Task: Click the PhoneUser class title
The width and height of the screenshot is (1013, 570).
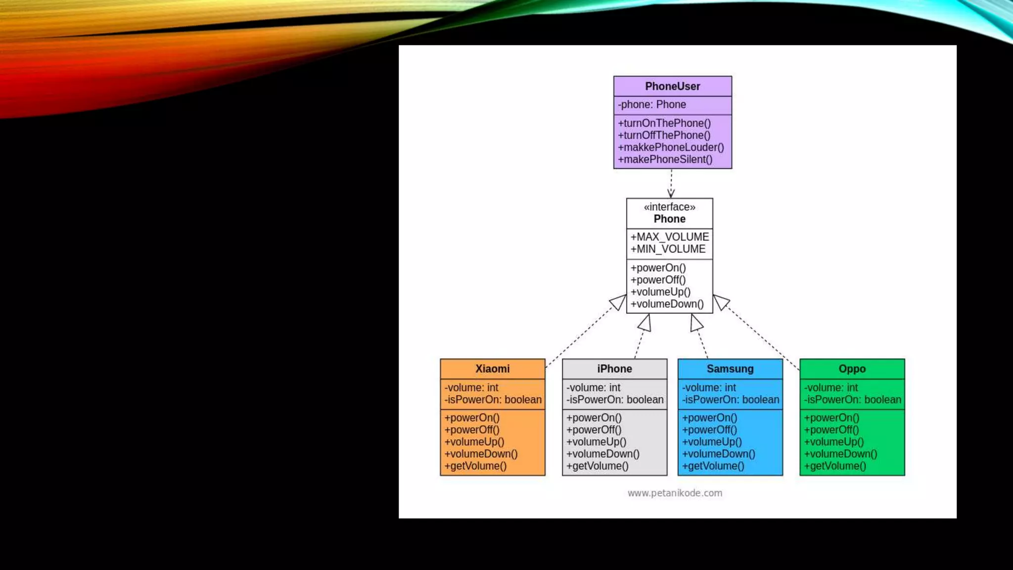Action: coord(672,87)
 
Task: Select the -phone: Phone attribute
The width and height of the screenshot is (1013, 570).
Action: coord(652,105)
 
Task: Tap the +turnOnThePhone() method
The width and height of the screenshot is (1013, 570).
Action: coord(664,123)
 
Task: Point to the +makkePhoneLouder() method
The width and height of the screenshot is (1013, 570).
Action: coord(671,147)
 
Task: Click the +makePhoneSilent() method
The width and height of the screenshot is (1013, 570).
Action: coord(665,159)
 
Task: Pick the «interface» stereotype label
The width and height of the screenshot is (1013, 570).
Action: coord(669,207)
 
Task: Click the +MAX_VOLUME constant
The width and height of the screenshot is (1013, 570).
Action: coord(669,237)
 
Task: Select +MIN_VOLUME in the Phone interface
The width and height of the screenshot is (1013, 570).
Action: coord(668,249)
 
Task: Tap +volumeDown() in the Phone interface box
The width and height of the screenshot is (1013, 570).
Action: coord(667,304)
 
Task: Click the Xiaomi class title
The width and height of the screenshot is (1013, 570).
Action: coord(492,369)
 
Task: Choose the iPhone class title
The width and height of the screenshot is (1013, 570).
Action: coord(614,369)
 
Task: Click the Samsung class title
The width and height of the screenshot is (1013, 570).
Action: coord(730,369)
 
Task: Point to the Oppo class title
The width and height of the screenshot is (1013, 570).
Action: coord(852,369)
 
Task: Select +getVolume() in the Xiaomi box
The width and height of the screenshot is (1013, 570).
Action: coord(475,466)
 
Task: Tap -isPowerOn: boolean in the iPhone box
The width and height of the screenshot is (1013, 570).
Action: coord(615,400)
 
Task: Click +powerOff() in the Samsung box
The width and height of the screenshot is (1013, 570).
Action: coord(709,430)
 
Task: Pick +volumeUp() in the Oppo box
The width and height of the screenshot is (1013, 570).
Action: coord(834,442)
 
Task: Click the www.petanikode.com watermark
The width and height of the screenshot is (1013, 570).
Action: coord(675,493)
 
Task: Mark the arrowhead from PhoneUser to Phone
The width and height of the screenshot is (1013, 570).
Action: coord(671,193)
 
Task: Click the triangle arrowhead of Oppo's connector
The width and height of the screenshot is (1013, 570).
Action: coord(721,301)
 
